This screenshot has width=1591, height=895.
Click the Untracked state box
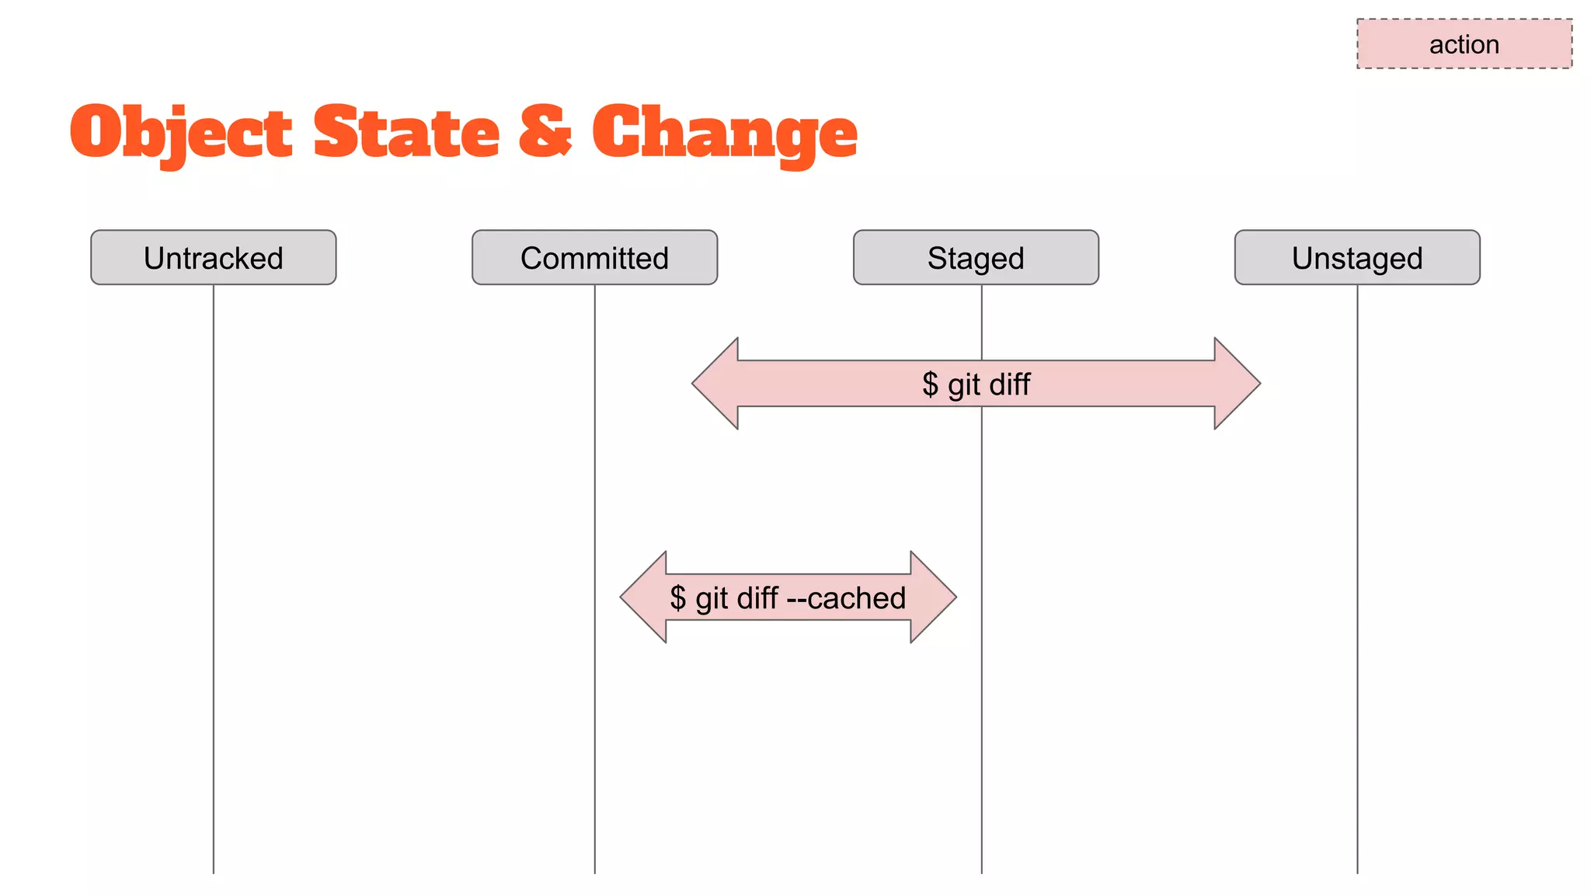[x=213, y=257]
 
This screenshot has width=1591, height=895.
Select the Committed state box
[x=594, y=257]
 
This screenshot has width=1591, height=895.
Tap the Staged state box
[x=976, y=257]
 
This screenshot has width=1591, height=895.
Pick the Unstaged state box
[x=1357, y=257]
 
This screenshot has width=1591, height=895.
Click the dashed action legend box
[x=1464, y=44]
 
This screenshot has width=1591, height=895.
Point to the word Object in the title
[x=181, y=133]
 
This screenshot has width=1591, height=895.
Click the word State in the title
[x=406, y=133]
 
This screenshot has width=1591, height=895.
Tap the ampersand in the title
[x=545, y=131]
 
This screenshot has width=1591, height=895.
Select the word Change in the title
[x=724, y=133]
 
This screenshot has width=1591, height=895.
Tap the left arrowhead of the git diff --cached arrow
[x=644, y=597]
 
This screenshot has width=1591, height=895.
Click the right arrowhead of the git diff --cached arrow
[x=932, y=597]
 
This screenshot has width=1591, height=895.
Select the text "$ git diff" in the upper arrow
[x=976, y=384]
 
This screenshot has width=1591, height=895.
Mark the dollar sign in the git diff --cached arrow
[x=678, y=598]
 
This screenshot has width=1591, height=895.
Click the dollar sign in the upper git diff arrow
[x=930, y=384]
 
